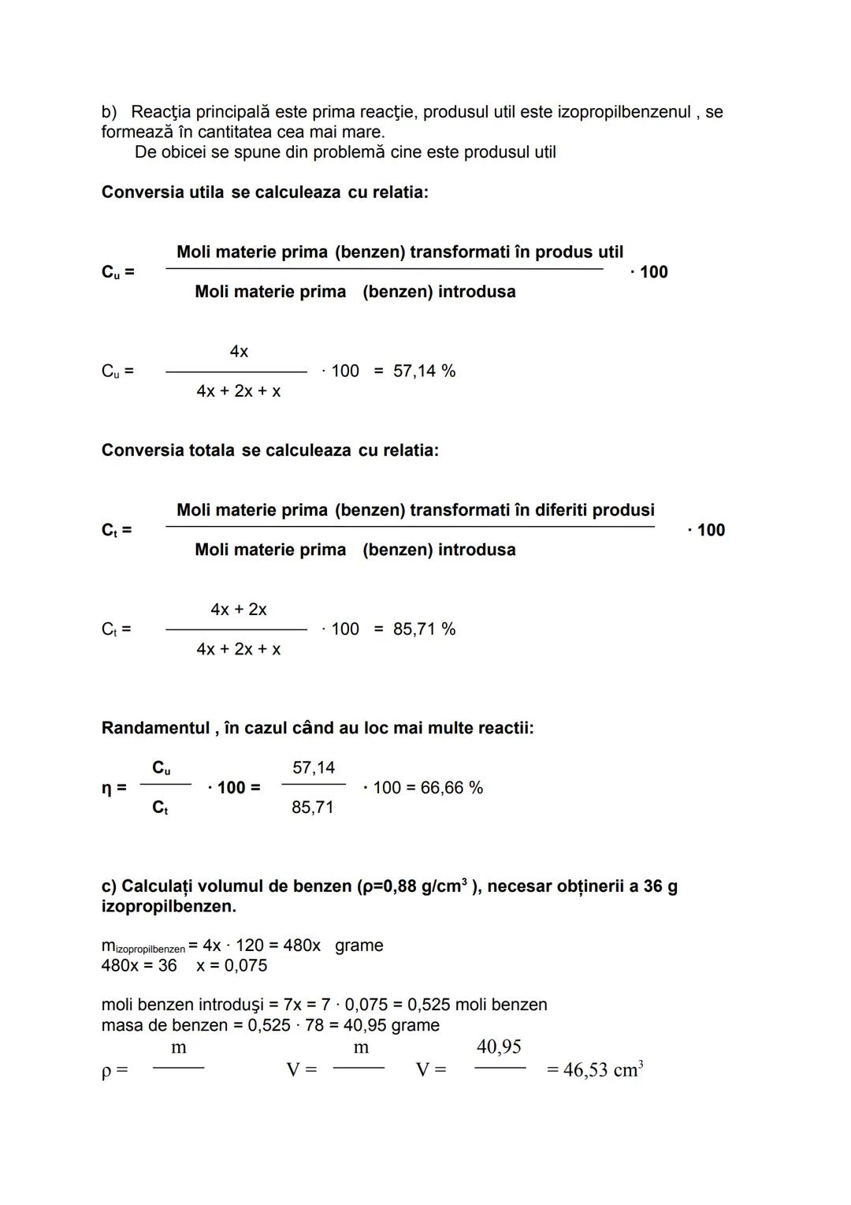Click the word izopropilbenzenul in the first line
point(623,112)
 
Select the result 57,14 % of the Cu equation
point(424,371)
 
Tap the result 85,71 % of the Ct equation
point(424,629)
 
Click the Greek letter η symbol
point(107,788)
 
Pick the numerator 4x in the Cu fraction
point(239,352)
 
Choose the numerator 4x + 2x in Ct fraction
point(239,610)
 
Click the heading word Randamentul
point(155,728)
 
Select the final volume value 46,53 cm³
point(603,1069)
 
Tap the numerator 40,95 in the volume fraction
point(499,1047)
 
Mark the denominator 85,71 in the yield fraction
point(313,808)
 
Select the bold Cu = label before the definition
point(117,272)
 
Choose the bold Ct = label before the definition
point(117,530)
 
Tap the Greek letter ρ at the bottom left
point(107,1071)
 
